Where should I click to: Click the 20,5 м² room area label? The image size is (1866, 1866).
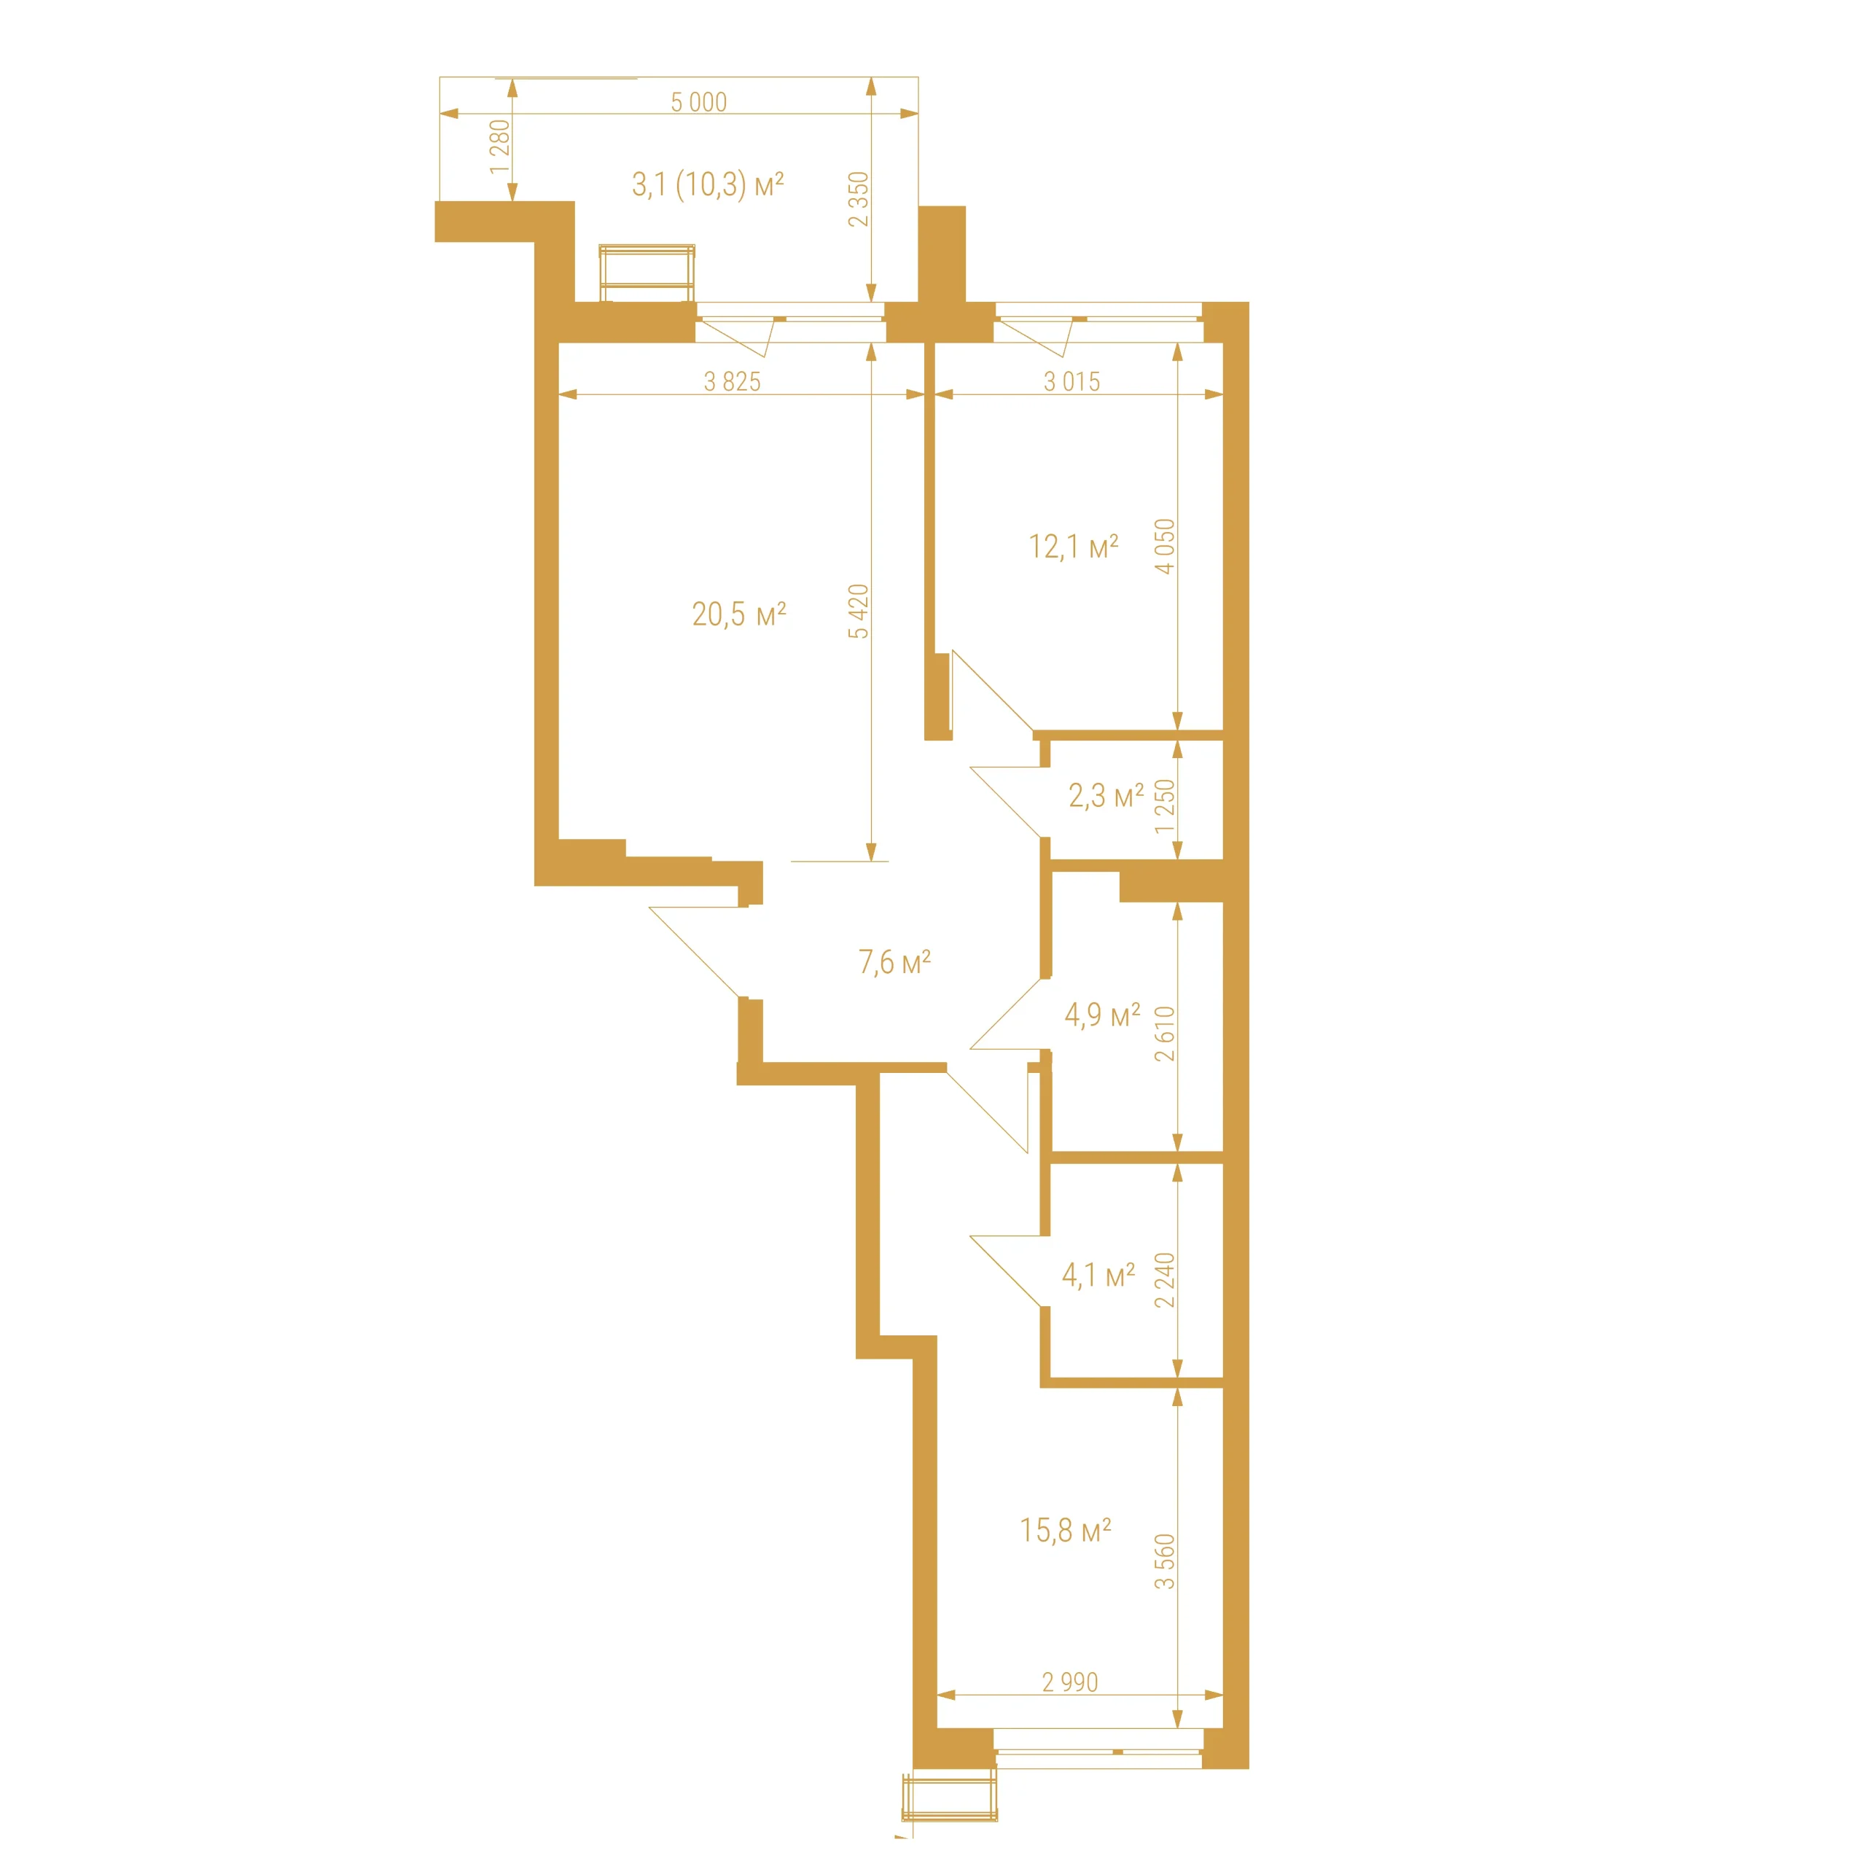pyautogui.click(x=739, y=614)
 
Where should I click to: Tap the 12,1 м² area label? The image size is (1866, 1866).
pyautogui.click(x=1073, y=547)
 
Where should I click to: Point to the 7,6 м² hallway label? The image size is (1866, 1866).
pyautogui.click(x=894, y=962)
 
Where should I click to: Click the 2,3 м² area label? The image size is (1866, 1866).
pyautogui.click(x=1106, y=796)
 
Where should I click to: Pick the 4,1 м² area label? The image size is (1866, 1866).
pyautogui.click(x=1098, y=1276)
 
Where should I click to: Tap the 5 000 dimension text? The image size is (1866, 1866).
pyautogui.click(x=699, y=101)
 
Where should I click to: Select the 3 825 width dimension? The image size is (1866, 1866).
pyautogui.click(x=732, y=381)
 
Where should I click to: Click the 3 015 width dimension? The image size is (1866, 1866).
pyautogui.click(x=1072, y=381)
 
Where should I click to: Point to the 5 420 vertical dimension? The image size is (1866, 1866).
pyautogui.click(x=859, y=612)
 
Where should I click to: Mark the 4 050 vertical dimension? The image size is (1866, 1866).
pyautogui.click(x=1166, y=547)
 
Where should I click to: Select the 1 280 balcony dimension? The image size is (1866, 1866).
pyautogui.click(x=499, y=147)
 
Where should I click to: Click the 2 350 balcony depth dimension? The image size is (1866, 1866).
pyautogui.click(x=859, y=199)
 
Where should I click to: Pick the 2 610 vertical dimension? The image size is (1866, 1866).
pyautogui.click(x=1166, y=1034)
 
